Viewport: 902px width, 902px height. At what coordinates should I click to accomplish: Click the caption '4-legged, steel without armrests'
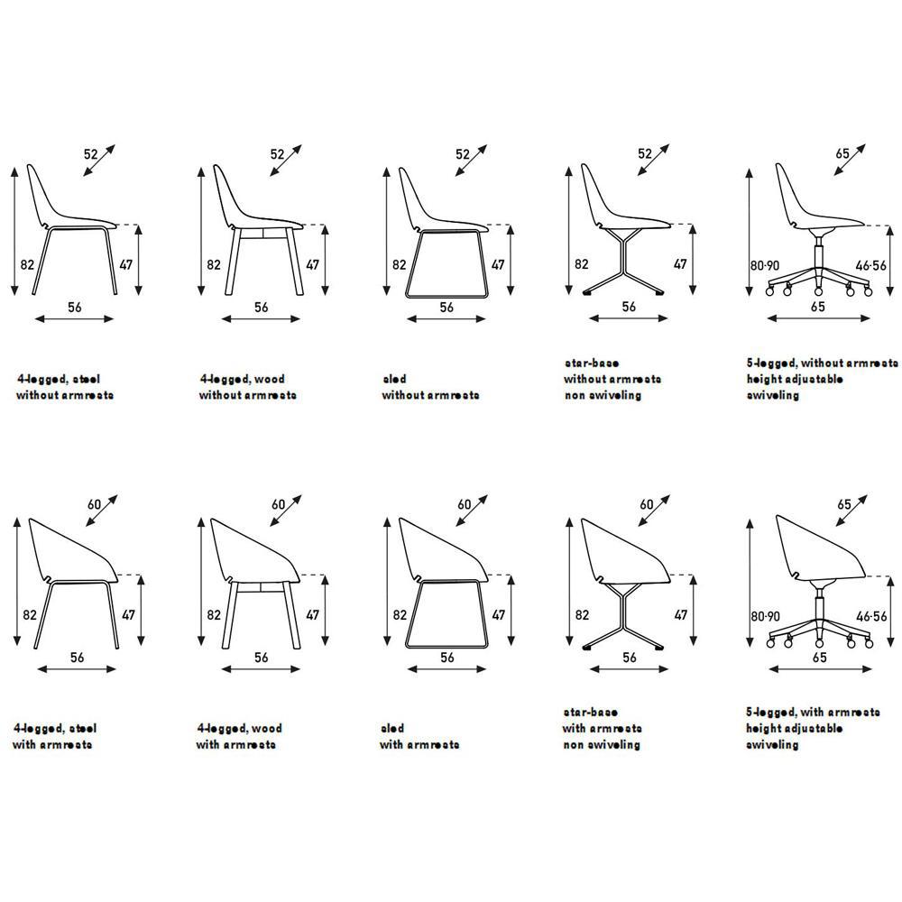tap(65, 387)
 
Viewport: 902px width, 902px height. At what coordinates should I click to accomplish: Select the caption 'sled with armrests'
tap(419, 736)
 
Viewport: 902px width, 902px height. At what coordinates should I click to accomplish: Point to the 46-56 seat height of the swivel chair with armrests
tap(872, 616)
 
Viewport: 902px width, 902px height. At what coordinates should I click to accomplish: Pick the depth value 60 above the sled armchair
tap(465, 505)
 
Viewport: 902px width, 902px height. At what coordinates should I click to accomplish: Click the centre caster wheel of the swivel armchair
tap(818, 642)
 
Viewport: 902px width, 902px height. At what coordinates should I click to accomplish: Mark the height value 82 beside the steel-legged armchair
tap(29, 615)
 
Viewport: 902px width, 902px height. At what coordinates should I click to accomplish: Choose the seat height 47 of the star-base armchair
tap(680, 615)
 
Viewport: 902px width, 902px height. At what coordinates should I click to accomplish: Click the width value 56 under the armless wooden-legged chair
tap(261, 308)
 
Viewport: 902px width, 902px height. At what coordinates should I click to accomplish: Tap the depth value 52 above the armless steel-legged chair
tap(91, 154)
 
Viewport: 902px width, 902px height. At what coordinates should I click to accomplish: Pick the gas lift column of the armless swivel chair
tap(817, 252)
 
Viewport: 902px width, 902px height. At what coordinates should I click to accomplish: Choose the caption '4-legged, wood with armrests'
tap(239, 736)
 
